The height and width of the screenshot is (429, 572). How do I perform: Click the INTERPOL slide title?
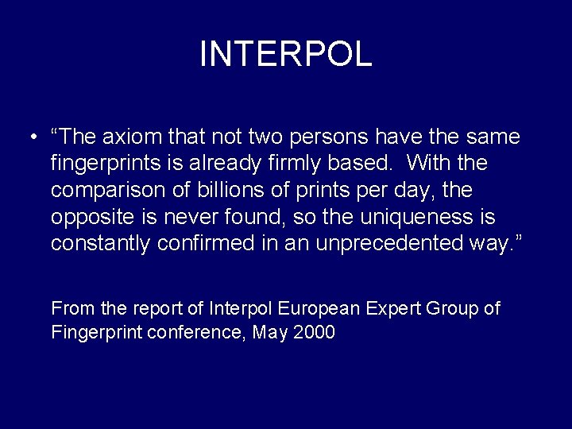coord(285,54)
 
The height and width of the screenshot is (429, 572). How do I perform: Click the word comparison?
coord(108,191)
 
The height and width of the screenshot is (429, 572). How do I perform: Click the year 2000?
coord(314,332)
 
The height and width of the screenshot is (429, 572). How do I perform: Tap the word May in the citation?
coord(269,332)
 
